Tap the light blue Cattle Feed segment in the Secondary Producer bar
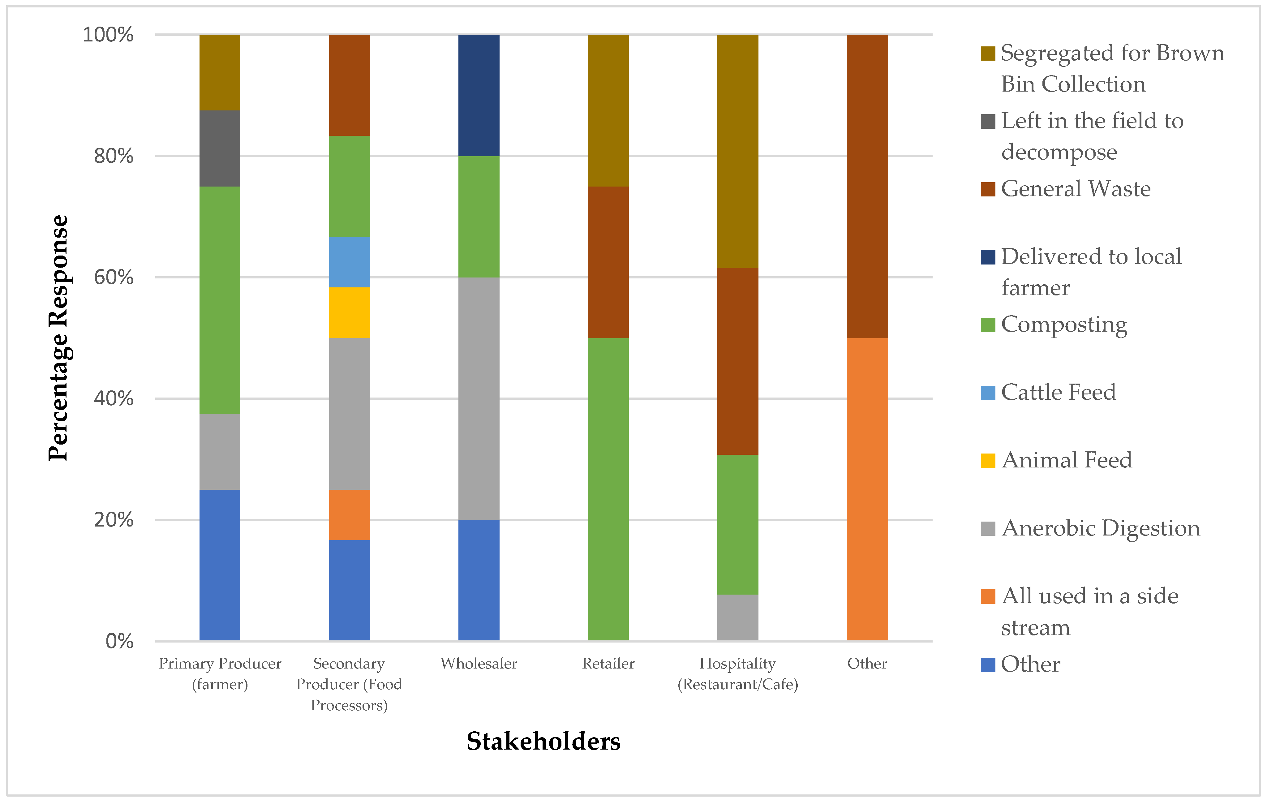coord(349,262)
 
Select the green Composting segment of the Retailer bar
coord(608,489)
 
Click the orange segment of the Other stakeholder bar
coord(867,489)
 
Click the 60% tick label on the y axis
coord(113,277)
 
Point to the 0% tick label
coord(119,641)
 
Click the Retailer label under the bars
coord(608,663)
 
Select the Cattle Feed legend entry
coord(1058,392)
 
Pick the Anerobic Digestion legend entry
coord(1100,528)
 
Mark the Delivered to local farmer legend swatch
coord(988,257)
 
